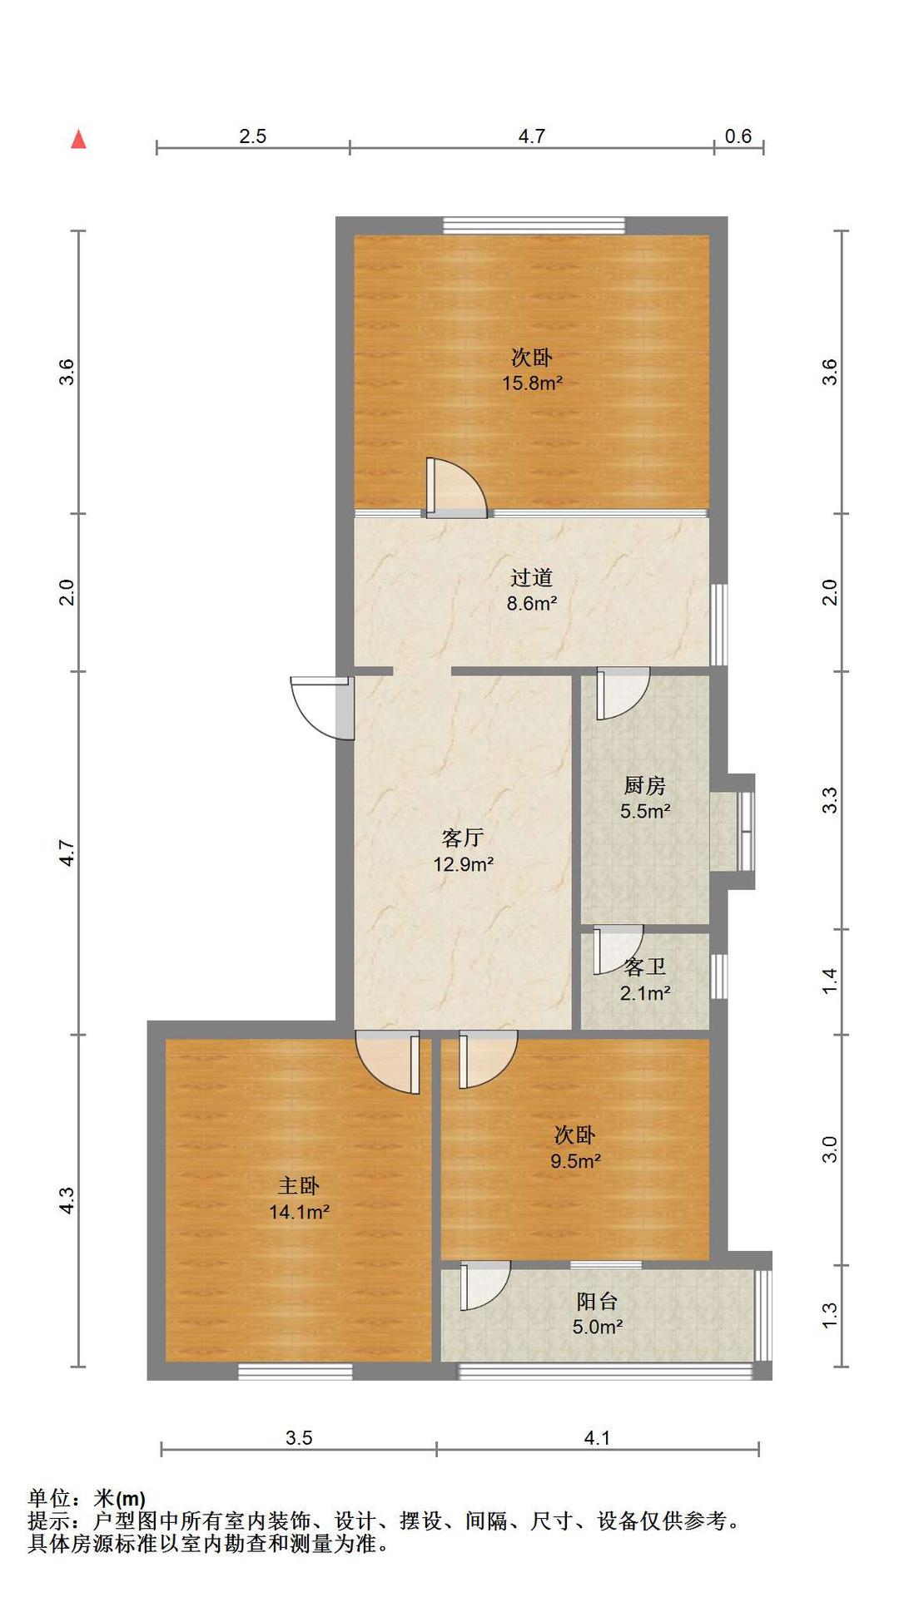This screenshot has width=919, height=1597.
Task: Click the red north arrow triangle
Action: tap(78, 139)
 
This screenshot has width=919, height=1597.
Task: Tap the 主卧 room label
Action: tap(298, 1185)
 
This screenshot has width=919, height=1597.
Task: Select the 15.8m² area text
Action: tap(532, 383)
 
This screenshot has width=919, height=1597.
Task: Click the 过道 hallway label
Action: tap(531, 577)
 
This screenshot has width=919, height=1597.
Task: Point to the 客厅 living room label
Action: tap(463, 838)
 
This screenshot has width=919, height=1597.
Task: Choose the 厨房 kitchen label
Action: tap(645, 785)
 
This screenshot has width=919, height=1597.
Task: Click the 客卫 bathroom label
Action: tap(645, 967)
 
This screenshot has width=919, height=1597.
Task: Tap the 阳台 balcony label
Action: tap(597, 1301)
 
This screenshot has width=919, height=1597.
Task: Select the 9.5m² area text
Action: tap(575, 1161)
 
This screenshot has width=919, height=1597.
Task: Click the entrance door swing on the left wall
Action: tap(320, 707)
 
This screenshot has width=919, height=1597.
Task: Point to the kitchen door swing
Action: tap(623, 694)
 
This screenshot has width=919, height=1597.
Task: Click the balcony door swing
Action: tap(484, 1285)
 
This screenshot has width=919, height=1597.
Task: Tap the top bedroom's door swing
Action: tap(456, 487)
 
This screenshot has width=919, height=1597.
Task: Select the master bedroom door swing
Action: tap(387, 1062)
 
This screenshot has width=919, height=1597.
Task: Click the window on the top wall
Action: tap(534, 225)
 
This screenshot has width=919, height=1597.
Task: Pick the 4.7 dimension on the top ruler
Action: tap(532, 136)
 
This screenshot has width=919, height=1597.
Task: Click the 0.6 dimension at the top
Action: tap(738, 136)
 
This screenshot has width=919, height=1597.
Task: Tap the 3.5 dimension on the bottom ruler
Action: tap(299, 1438)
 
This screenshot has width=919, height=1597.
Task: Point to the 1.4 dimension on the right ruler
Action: tap(829, 981)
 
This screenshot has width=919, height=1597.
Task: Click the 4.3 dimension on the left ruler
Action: tap(67, 1200)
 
